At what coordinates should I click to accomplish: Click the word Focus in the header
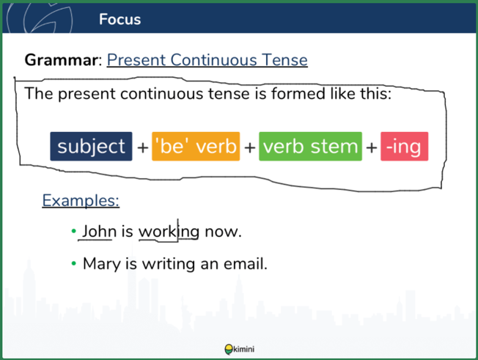point(119,19)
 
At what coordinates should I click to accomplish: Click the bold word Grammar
point(61,59)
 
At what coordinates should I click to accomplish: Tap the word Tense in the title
point(284,59)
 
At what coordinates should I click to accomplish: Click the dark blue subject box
point(91,147)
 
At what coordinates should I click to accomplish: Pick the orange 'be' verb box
point(196,147)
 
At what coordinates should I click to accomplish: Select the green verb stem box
point(310,147)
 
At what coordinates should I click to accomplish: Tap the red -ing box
point(404,147)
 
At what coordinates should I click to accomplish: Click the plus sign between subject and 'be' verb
point(142,148)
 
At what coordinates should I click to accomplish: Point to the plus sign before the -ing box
point(371,148)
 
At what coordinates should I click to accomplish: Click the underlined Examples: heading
point(81,201)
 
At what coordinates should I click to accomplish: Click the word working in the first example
point(169,232)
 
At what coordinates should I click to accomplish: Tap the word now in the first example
point(223,232)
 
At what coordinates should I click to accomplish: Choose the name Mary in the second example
point(102,264)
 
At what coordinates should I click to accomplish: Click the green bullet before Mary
point(73,263)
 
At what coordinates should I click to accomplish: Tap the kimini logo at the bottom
point(239,349)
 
